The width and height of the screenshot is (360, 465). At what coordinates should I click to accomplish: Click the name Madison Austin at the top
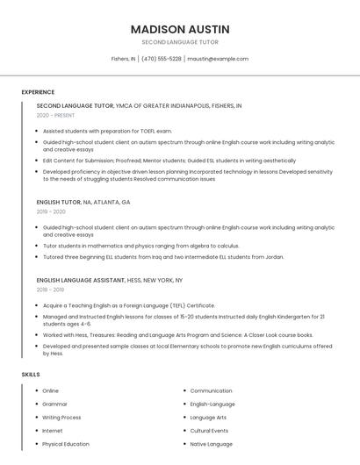(x=180, y=29)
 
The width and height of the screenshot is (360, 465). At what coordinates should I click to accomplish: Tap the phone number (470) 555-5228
(x=162, y=59)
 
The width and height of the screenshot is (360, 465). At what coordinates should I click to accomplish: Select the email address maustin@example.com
(x=218, y=59)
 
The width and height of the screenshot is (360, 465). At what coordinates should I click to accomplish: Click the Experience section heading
(x=38, y=92)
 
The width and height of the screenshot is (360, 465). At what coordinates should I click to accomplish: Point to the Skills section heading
(x=31, y=375)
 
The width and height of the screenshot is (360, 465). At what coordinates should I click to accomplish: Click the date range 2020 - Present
(x=55, y=115)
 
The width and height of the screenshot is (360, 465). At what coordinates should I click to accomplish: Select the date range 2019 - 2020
(x=51, y=211)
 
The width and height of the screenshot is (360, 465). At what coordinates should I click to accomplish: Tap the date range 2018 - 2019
(x=50, y=290)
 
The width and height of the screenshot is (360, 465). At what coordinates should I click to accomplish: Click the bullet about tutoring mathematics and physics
(x=140, y=246)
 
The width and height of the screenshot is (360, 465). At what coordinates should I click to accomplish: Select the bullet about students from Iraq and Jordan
(x=162, y=257)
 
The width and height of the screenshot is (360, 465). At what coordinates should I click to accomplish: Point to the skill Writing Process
(x=61, y=418)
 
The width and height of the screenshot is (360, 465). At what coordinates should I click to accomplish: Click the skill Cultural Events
(x=209, y=431)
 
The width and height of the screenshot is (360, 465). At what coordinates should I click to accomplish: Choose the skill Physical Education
(x=66, y=444)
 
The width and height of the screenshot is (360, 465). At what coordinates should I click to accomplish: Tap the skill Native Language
(x=211, y=444)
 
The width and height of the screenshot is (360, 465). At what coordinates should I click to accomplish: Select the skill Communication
(x=211, y=390)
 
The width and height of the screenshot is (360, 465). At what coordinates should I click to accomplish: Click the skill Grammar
(x=54, y=404)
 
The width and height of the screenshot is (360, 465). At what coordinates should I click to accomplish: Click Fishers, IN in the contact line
(x=123, y=59)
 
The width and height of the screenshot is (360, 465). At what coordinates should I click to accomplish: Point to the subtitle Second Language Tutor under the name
(x=180, y=42)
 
